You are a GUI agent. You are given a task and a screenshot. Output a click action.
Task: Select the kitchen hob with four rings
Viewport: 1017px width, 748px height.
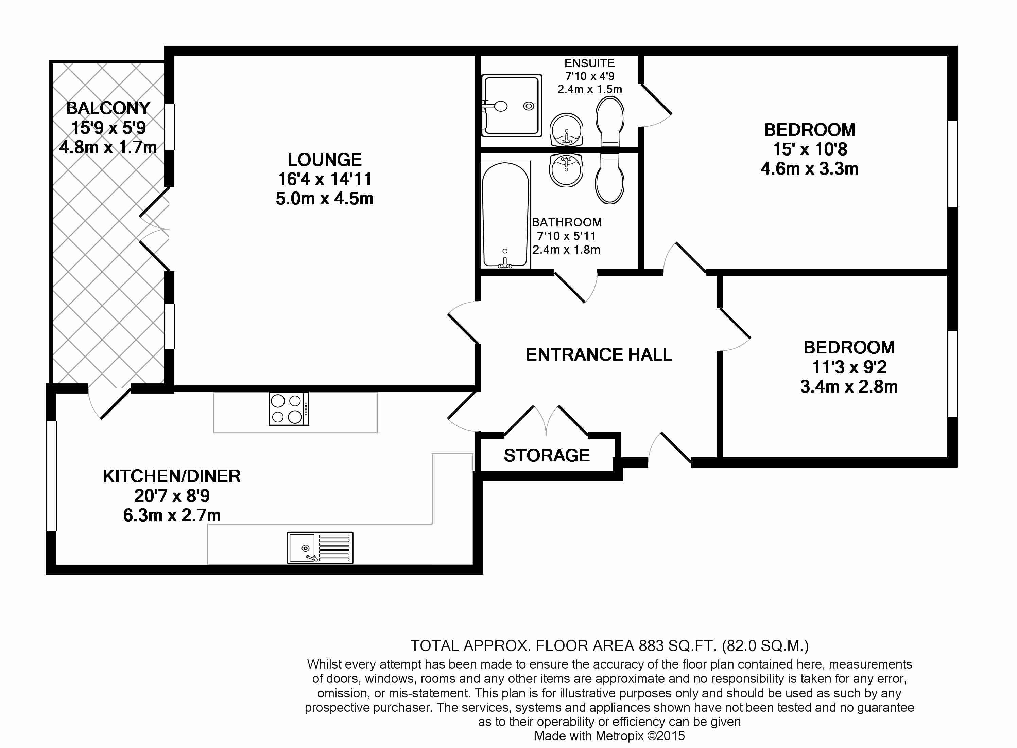pos(288,409)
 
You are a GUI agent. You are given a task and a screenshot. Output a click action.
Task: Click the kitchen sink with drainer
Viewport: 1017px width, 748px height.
pos(320,548)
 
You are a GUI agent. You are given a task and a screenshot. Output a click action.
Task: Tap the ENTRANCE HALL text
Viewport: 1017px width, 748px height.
pos(599,354)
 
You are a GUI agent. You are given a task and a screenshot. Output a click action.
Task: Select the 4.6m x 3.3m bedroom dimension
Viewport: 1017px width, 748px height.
pos(809,169)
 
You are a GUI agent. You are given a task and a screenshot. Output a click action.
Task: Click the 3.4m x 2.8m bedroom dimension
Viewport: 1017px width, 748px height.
pos(849,387)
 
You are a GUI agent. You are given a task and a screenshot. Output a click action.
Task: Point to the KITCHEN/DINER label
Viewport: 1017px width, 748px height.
pos(172,476)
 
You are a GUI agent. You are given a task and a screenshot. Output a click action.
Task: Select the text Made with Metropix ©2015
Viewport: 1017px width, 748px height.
pos(609,736)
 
